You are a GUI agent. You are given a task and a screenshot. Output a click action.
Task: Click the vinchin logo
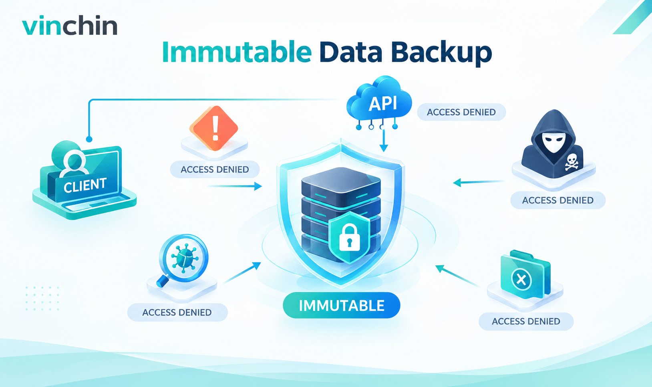point(70,26)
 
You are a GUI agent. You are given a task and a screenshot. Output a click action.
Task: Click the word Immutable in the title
point(237,52)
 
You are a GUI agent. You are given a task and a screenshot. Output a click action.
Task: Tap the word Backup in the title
point(441,53)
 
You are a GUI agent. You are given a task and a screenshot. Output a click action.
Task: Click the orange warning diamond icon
point(214,128)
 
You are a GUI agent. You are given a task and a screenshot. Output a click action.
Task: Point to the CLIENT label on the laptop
point(85,185)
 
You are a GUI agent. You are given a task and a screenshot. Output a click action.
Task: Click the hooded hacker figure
point(552,144)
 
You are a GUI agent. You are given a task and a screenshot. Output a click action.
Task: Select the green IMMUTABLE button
point(342,305)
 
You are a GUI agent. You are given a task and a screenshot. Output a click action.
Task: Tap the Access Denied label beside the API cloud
point(461,112)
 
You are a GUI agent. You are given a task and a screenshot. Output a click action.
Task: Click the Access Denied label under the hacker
point(558,200)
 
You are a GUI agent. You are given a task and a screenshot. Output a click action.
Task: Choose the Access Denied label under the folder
point(526,321)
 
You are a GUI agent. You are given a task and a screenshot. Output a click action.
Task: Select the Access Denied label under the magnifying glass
point(177,312)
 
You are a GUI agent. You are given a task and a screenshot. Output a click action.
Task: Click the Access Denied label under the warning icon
point(215,169)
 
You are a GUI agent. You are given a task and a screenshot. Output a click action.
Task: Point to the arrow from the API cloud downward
point(384,141)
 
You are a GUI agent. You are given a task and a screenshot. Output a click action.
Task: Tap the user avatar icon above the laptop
point(74,163)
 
